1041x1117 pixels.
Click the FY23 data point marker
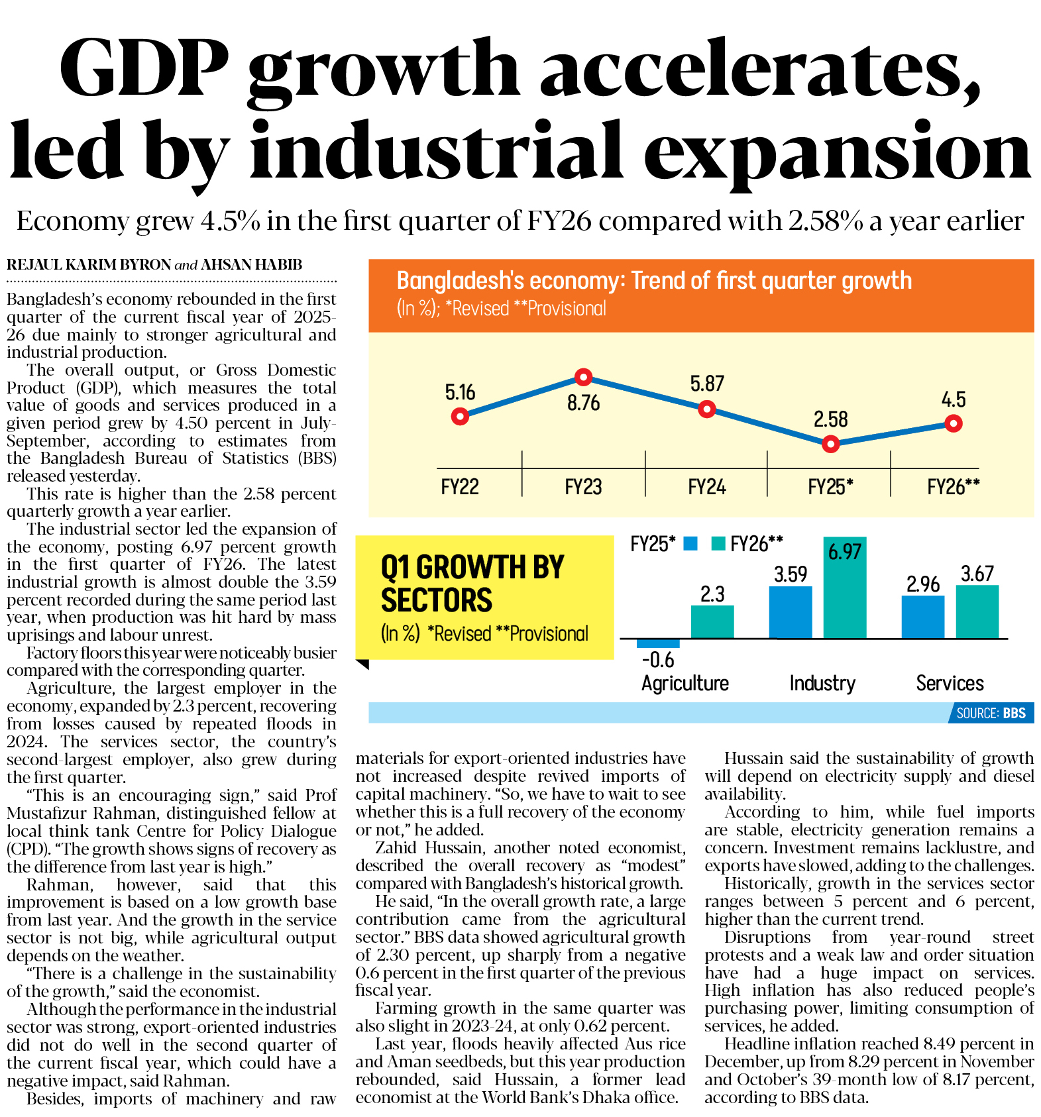tap(583, 377)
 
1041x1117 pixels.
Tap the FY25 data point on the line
tap(830, 444)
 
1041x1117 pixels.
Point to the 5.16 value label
tap(460, 392)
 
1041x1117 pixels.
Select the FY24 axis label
tap(706, 487)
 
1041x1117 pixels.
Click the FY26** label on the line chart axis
tap(953, 487)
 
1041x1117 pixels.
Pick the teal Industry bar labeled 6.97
tap(844, 588)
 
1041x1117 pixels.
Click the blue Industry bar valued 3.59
tap(790, 612)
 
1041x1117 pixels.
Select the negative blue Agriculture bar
tap(658, 643)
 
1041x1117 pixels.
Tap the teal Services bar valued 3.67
tap(977, 612)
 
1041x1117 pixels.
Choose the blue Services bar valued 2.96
tap(922, 617)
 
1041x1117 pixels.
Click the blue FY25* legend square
tap(690, 544)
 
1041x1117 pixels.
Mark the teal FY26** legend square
tap(718, 544)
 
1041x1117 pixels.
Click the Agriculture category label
tap(685, 683)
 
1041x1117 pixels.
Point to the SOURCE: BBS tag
tap(991, 713)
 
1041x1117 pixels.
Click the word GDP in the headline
tap(144, 70)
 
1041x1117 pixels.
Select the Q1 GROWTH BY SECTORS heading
tap(472, 584)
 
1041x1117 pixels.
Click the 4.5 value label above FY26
tap(953, 399)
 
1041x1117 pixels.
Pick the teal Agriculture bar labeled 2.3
tap(712, 621)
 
